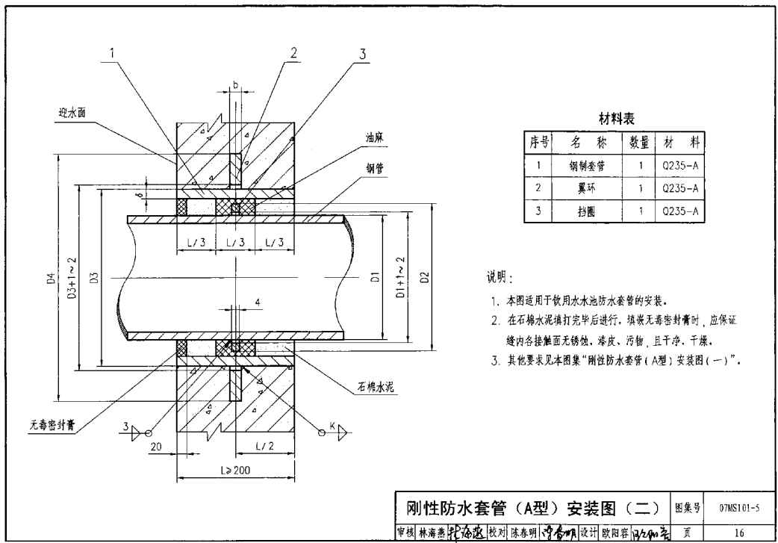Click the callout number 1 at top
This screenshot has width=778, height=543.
point(113,53)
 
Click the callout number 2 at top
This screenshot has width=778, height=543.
point(293,53)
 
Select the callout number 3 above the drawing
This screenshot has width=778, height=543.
point(362,53)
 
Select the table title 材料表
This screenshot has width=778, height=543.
point(616,119)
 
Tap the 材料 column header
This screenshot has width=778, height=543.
point(679,141)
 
